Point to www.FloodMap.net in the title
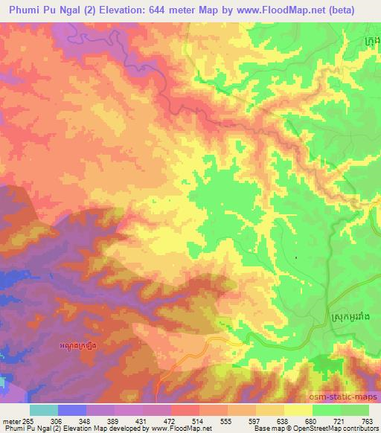click(279, 10)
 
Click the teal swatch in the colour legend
click(43, 410)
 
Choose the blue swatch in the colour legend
click(72, 410)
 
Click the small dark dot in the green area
click(296, 258)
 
